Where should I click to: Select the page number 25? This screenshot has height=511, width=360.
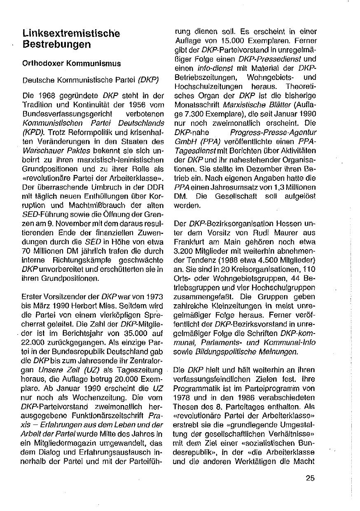[310, 478]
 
